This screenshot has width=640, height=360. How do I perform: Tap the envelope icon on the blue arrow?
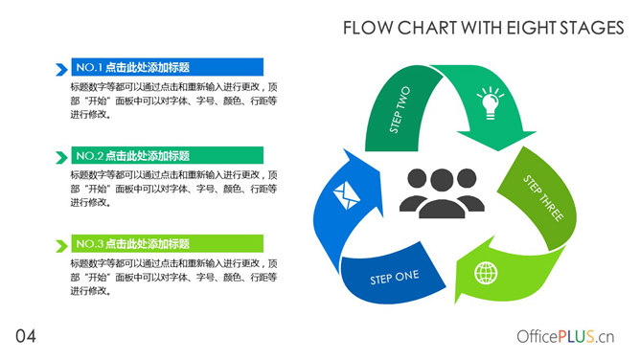[x=344, y=196]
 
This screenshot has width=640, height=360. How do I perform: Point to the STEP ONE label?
[x=394, y=277]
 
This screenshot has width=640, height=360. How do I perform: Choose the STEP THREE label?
[x=543, y=198]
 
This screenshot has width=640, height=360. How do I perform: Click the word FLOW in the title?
[x=365, y=30]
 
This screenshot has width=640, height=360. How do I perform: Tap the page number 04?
[x=26, y=335]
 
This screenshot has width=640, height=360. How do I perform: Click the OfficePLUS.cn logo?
[x=564, y=336]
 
